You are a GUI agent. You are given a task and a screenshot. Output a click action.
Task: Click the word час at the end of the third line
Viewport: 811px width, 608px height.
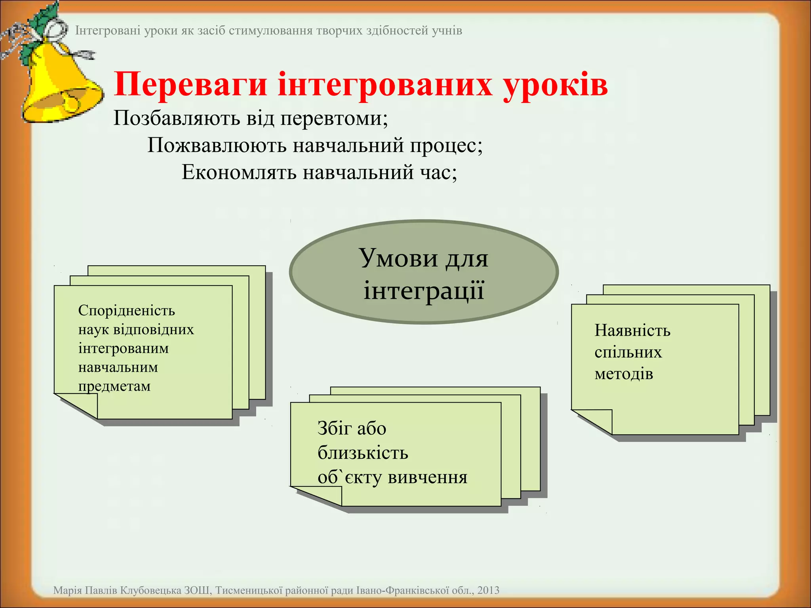[x=438, y=173]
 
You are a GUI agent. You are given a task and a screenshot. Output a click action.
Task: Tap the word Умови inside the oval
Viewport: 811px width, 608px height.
[x=398, y=258]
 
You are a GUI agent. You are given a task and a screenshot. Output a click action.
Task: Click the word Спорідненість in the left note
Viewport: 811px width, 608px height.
[x=126, y=310]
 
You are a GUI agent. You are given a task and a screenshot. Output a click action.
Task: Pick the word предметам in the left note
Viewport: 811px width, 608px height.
[x=114, y=386]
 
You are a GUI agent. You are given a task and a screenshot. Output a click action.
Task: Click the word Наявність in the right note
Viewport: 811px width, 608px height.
[x=632, y=331]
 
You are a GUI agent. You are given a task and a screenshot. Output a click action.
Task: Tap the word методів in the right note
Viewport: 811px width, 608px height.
[x=623, y=374]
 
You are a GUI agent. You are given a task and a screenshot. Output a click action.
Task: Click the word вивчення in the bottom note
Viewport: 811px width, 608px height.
[x=427, y=477]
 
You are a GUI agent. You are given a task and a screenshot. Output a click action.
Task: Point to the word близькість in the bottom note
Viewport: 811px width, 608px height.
[x=362, y=453]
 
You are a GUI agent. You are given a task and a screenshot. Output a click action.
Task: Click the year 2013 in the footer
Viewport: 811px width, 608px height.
[x=488, y=590]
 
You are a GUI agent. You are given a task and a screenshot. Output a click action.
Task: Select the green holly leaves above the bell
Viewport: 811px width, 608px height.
[x=44, y=22]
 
